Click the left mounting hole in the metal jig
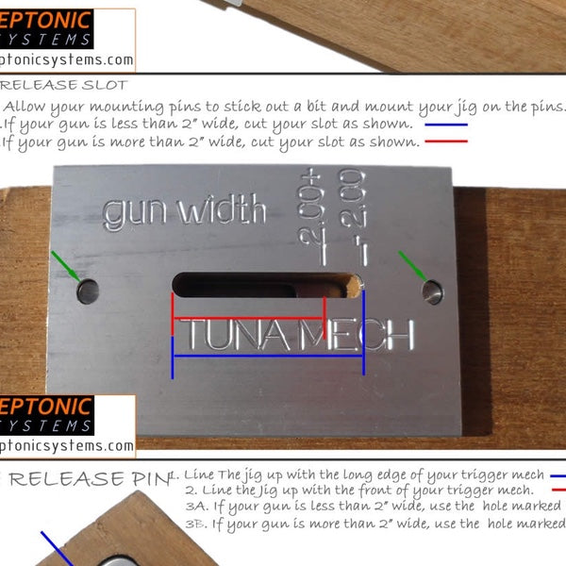[87, 291]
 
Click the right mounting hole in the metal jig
[432, 291]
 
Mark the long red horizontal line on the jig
[247, 318]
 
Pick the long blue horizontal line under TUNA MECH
[268, 356]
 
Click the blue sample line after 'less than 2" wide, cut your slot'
[446, 125]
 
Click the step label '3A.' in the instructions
[197, 508]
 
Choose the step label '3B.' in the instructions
[197, 524]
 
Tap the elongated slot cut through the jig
[259, 284]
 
